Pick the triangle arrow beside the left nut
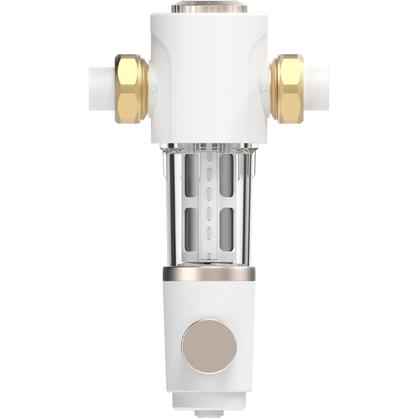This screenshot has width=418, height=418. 154,89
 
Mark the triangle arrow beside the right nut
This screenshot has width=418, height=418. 264,89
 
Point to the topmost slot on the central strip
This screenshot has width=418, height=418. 209,157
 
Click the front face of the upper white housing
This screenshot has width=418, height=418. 209,78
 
